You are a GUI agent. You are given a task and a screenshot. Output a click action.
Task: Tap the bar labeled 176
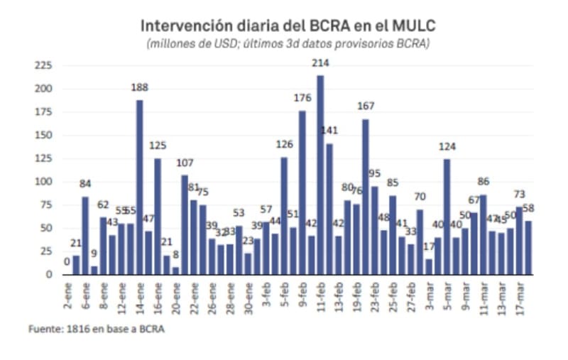[302, 192]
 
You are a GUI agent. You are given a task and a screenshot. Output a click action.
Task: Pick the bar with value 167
[366, 197]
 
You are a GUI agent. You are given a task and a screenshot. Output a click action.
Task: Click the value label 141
[330, 129]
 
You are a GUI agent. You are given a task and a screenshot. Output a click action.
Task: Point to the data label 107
[185, 161]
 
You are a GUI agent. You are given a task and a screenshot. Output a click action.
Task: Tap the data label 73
[519, 195]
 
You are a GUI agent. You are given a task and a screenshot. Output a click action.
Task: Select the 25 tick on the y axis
[45, 251]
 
